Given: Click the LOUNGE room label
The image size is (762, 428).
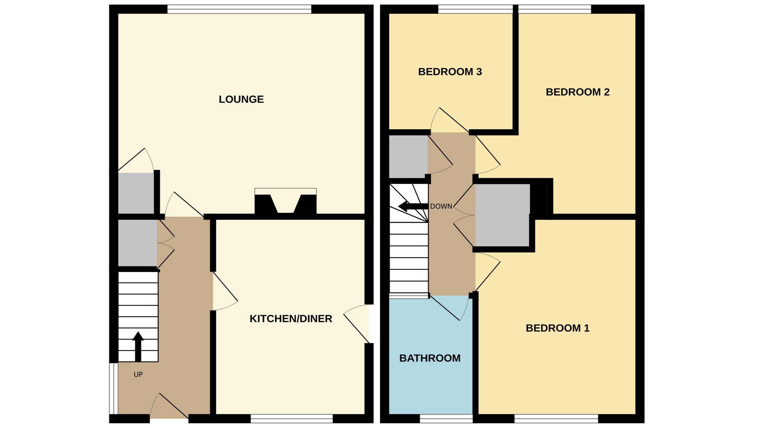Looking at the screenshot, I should tap(241, 99).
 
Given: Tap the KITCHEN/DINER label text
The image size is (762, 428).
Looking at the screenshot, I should tap(291, 319).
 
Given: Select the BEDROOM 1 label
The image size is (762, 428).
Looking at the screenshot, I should tap(557, 328).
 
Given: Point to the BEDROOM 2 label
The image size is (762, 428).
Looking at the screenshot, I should tap(577, 92).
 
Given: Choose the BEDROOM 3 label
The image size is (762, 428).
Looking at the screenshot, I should tap(450, 71).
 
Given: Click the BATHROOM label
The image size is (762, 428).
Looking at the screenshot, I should tap(430, 358).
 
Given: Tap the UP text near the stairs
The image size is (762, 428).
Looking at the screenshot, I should tap(138, 374).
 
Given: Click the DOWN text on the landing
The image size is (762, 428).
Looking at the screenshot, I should tap(441, 207).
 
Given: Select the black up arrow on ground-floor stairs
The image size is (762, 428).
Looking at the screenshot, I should tap(138, 346).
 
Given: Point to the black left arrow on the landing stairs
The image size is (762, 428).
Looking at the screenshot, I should tap(412, 206).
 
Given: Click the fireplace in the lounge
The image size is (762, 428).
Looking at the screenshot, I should tap(285, 203).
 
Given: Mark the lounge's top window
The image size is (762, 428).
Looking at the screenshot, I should tap(239, 9).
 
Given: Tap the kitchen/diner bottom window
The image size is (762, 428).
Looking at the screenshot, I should tap(291, 419).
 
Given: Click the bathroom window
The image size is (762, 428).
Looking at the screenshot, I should tap(446, 419).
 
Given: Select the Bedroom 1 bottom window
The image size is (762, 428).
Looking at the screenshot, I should tap(556, 419).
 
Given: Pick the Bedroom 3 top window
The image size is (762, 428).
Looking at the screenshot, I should tap(475, 9).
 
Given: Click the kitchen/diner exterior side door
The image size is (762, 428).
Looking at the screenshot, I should tap(358, 323).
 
